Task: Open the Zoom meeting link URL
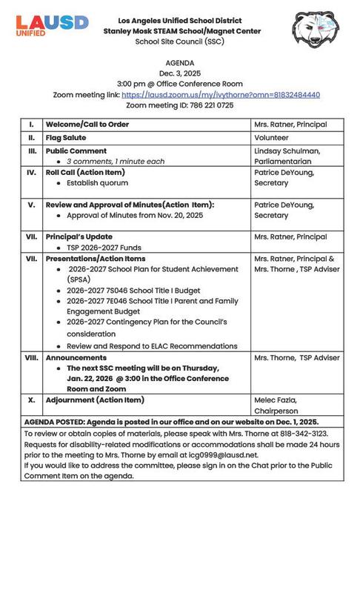[x=221, y=95]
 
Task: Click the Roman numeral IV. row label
[x=32, y=172]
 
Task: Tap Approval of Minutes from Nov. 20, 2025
[x=135, y=215]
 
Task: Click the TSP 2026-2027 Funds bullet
[x=104, y=248]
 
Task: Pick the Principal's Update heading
[x=79, y=237]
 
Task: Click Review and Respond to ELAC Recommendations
[x=152, y=345]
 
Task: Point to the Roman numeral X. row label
[x=32, y=400]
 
